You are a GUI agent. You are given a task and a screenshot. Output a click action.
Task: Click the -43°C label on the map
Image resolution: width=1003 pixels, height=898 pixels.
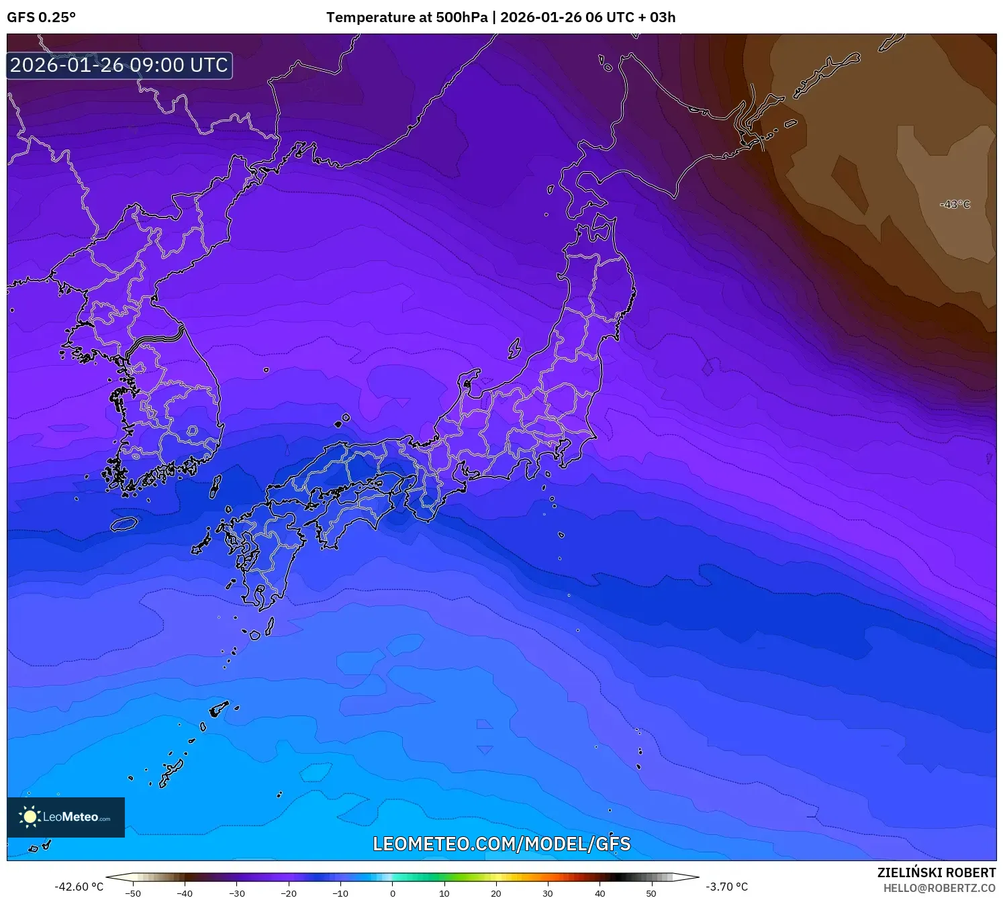click(x=955, y=204)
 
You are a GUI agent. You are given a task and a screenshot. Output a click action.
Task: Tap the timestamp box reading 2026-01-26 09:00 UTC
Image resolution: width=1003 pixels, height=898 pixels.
click(x=120, y=66)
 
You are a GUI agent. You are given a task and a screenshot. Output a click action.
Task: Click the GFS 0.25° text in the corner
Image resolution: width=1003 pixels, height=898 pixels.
click(x=41, y=17)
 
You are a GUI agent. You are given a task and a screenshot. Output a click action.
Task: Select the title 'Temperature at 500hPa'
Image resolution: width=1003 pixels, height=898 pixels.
click(x=407, y=17)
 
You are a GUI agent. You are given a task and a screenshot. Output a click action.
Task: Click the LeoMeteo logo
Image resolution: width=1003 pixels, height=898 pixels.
click(x=66, y=817)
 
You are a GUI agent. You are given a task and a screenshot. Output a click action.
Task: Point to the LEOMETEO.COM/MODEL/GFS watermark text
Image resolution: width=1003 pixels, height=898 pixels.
click(x=501, y=844)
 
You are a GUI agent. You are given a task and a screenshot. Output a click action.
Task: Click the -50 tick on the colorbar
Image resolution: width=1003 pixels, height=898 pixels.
click(x=133, y=893)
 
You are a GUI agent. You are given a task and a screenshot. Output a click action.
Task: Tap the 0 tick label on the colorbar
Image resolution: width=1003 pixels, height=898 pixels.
click(x=393, y=893)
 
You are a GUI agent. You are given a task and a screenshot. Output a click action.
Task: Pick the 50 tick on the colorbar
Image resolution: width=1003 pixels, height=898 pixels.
click(x=651, y=893)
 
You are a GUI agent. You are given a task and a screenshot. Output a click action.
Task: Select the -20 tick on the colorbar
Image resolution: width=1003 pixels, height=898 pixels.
click(x=289, y=893)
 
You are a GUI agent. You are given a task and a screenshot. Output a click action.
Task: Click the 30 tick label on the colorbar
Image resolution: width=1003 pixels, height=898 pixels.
click(x=548, y=893)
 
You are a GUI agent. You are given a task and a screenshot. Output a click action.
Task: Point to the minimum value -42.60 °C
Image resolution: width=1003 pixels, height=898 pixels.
click(x=79, y=887)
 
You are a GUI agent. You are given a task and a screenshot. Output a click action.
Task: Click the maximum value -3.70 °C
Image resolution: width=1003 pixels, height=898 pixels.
click(x=726, y=887)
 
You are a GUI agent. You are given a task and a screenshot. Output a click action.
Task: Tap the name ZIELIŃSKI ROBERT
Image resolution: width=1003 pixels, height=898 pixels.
click(x=937, y=872)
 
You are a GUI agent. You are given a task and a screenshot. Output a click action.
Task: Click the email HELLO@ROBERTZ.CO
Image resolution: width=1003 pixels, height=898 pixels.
click(x=939, y=888)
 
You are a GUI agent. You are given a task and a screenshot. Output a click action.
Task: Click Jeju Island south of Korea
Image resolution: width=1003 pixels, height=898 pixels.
click(x=124, y=523)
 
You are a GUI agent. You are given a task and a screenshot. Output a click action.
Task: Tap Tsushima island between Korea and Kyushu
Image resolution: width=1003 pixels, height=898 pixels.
click(x=216, y=486)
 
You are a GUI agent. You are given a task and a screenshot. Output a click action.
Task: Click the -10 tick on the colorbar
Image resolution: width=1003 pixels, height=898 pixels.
click(x=340, y=893)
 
